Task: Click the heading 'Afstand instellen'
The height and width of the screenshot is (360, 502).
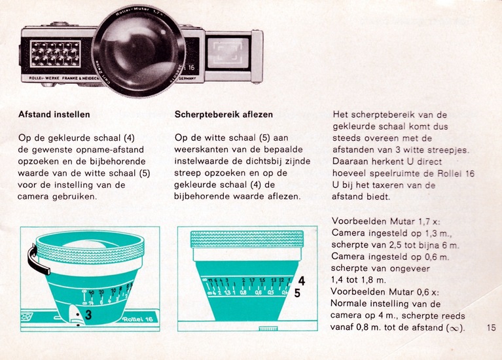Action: pos(54,115)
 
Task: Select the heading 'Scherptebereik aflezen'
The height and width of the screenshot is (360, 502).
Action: pos(223,115)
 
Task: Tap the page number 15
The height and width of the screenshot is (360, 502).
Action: pos(491,328)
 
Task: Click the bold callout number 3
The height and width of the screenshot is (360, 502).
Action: pos(88,315)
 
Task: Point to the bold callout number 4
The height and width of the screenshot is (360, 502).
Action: pos(301,281)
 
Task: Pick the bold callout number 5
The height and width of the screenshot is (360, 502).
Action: pos(297,293)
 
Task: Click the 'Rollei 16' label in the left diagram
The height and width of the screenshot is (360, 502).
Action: pos(137,319)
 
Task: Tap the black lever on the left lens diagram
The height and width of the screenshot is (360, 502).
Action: pos(36,260)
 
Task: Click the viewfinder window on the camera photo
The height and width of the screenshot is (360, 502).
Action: pos(228,53)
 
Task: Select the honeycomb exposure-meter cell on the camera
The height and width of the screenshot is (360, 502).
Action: pos(56,54)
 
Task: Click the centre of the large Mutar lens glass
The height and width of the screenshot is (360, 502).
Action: pos(139,51)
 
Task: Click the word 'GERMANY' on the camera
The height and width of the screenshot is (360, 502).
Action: pos(187,78)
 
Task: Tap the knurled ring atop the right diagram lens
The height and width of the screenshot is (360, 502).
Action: pos(247,239)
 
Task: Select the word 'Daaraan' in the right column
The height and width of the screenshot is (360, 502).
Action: pos(351,162)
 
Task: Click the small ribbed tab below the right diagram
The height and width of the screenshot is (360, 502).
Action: pos(268,329)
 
